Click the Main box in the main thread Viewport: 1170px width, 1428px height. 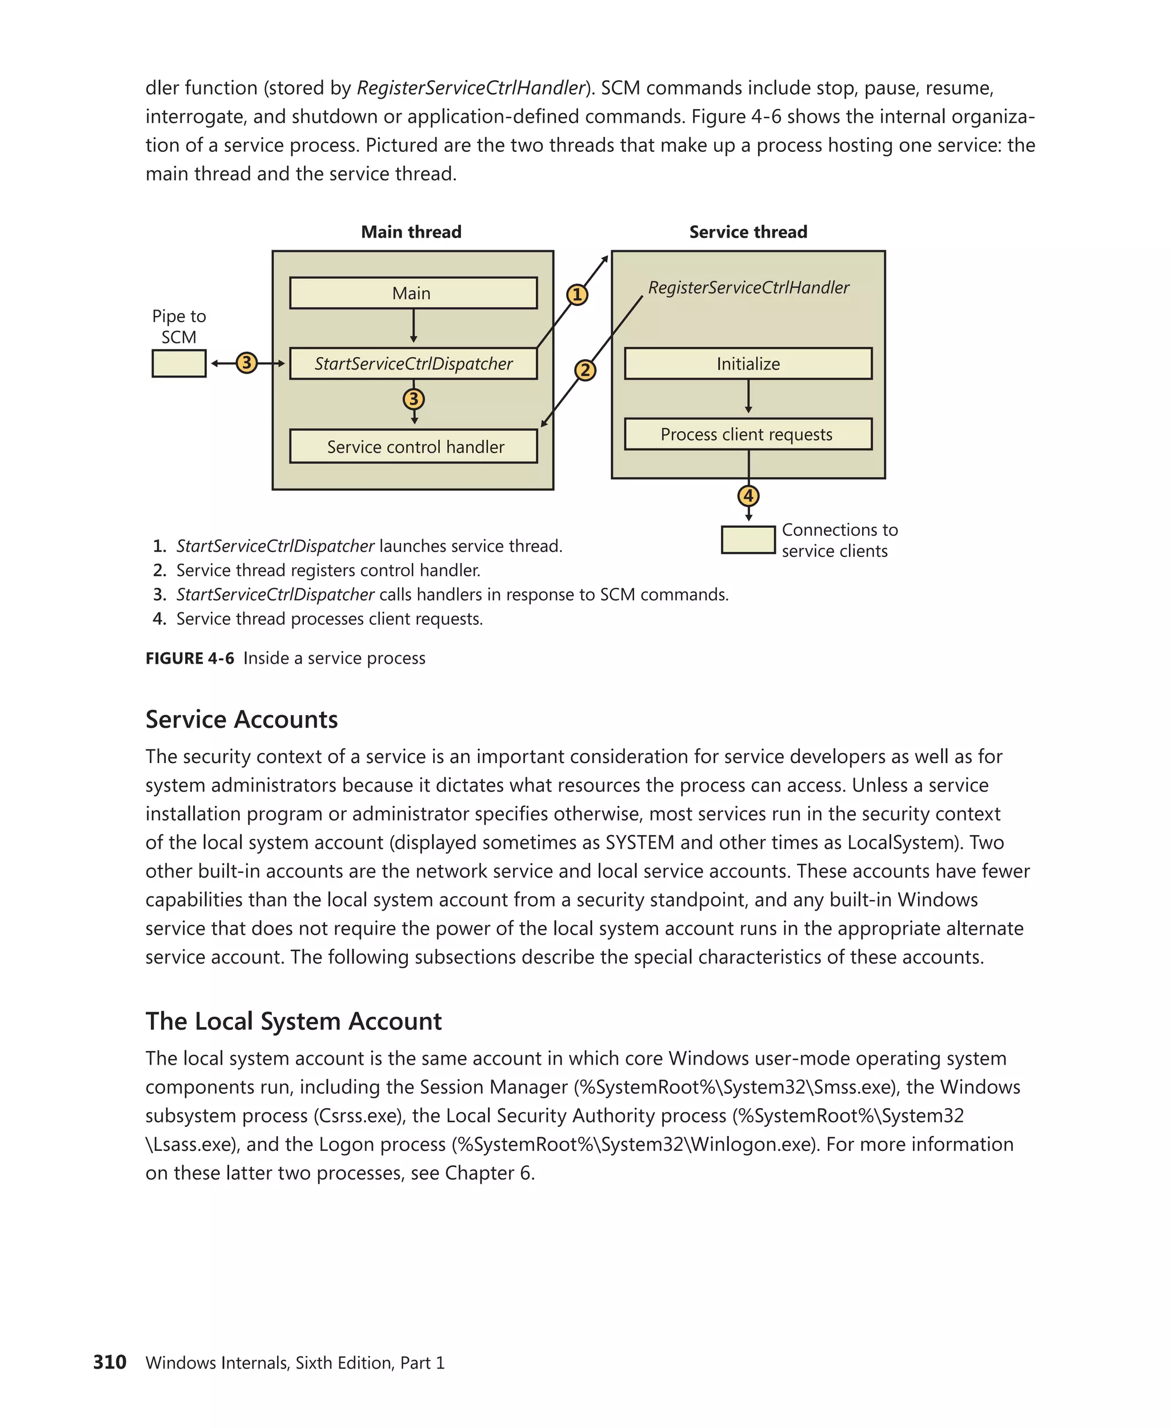tap(413, 293)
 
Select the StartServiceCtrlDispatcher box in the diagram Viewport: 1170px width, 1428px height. tap(413, 364)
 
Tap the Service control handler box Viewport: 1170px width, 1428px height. tap(413, 447)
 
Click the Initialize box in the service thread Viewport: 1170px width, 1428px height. tap(748, 364)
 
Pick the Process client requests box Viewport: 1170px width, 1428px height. tap(748, 435)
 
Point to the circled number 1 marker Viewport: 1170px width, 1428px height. tap(577, 295)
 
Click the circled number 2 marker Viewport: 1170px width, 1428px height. tap(585, 370)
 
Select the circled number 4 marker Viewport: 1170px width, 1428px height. tap(748, 496)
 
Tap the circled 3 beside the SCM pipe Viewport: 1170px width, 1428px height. tap(247, 363)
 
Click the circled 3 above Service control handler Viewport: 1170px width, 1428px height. tap(414, 399)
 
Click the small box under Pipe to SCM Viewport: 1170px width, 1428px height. tap(179, 364)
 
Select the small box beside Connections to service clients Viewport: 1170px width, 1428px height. tap(748, 540)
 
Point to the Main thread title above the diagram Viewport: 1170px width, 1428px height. tap(411, 232)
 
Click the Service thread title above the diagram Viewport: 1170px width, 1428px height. tap(748, 232)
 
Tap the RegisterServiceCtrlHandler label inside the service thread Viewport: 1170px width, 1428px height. tap(748, 288)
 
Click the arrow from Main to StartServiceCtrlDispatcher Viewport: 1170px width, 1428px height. tap(413, 327)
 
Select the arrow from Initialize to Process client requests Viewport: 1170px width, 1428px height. tap(748, 397)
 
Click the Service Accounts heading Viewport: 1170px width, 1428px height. tap(241, 720)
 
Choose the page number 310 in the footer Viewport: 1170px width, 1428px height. tap(110, 1362)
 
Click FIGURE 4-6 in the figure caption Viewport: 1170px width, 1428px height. tap(190, 659)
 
